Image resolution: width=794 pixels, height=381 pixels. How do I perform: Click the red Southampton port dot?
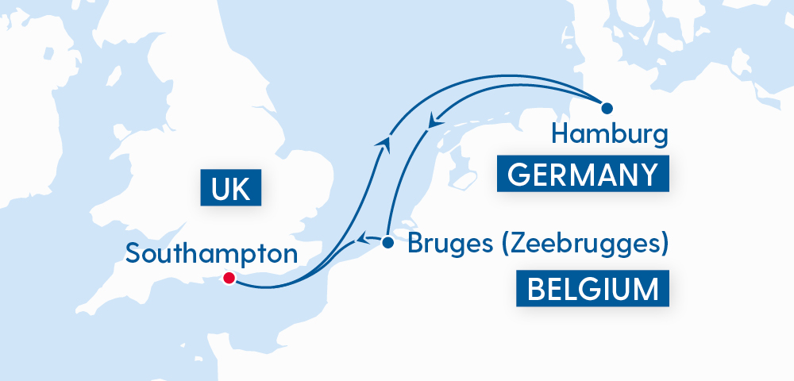(229, 278)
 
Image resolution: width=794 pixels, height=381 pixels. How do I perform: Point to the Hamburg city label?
(609, 135)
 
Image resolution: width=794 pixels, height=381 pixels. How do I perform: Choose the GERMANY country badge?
(583, 174)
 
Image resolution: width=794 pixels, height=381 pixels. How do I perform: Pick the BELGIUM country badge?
(592, 289)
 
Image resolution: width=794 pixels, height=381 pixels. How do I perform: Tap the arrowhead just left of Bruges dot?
(361, 237)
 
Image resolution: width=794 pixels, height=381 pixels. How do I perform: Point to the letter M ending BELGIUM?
(646, 289)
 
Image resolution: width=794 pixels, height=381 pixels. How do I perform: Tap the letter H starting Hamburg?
(561, 133)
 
